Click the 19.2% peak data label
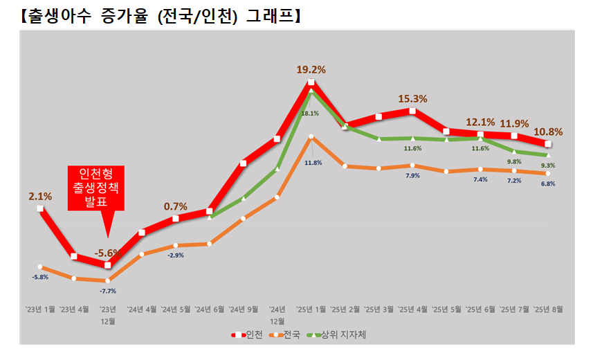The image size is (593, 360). click(311, 69)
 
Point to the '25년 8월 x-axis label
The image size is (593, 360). click(547, 309)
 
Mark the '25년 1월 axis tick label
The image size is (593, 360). click(311, 309)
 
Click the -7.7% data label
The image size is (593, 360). click(107, 291)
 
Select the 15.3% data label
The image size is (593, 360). click(412, 99)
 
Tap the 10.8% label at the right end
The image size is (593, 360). click(549, 131)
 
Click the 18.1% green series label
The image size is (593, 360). click(310, 114)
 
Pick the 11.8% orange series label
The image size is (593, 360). click(313, 163)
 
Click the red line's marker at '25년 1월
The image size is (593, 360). click(311, 82)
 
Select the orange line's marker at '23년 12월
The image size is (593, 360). click(107, 280)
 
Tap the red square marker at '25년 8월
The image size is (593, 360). click(548, 144)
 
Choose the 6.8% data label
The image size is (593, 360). click(548, 184)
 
